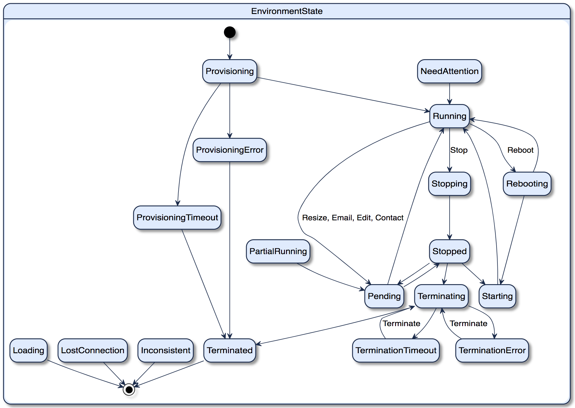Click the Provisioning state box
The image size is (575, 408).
[x=229, y=71]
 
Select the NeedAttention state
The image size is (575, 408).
[x=449, y=71]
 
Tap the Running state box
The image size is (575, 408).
[x=449, y=116]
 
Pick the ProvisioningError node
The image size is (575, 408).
[x=229, y=150]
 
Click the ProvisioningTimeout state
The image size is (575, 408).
[x=177, y=217]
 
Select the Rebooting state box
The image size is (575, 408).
[x=527, y=184]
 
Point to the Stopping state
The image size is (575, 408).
[x=449, y=184]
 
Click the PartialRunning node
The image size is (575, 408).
[x=278, y=251]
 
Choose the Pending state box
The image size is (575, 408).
[x=384, y=296]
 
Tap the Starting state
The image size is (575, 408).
[x=497, y=296]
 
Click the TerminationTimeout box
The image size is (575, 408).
[x=396, y=350]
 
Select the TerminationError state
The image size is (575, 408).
[x=492, y=350]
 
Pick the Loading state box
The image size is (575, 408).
[x=28, y=350]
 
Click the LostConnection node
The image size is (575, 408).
[x=92, y=350]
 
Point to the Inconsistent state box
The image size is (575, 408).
[x=165, y=350]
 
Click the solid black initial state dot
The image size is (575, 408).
[x=229, y=32]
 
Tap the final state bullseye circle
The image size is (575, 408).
[x=129, y=390]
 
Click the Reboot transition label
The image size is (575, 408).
[x=520, y=150]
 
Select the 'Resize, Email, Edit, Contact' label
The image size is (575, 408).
[x=353, y=218]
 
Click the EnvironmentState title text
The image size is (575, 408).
[x=287, y=11]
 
